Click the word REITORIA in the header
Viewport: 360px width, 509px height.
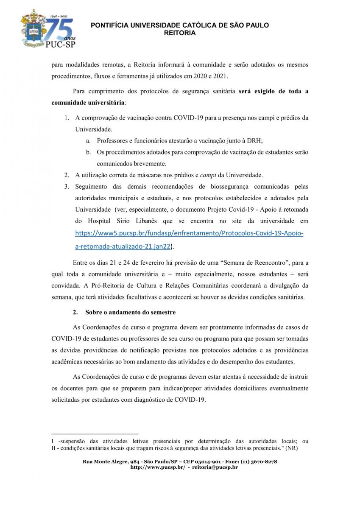pyautogui.click(x=180, y=33)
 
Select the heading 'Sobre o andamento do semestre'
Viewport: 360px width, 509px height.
pyautogui.click(x=130, y=312)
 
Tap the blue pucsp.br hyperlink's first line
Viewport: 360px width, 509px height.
pyautogui.click(x=189, y=233)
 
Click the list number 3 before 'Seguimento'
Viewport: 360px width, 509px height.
pyautogui.click(x=67, y=186)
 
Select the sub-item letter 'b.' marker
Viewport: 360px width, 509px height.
pyautogui.click(x=89, y=152)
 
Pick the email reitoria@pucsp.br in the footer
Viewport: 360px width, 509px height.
pyautogui.click(x=215, y=467)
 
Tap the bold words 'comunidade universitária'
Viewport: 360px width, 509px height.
pyautogui.click(x=88, y=103)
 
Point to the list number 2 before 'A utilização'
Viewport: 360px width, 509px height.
pyautogui.click(x=67, y=175)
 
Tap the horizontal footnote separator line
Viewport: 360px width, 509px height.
pyautogui.click(x=85, y=434)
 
